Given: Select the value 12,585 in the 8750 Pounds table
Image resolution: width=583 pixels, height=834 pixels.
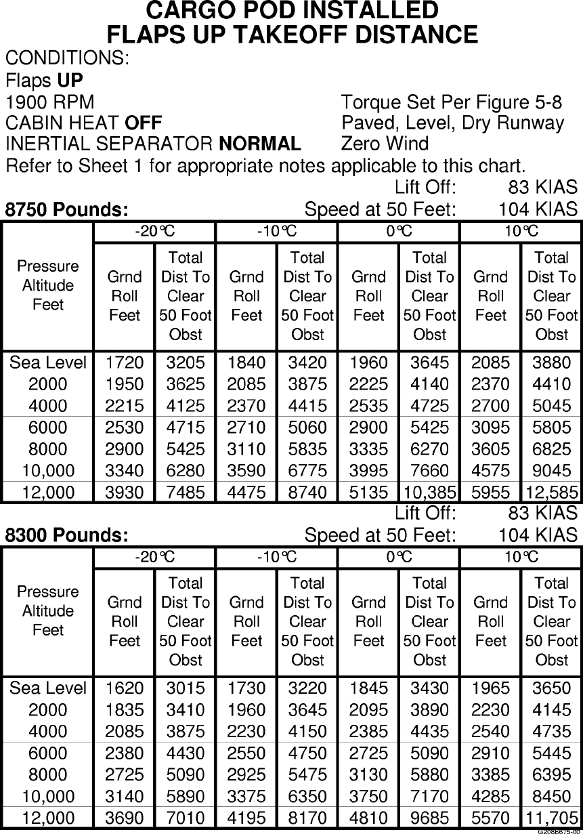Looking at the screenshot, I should (x=552, y=493).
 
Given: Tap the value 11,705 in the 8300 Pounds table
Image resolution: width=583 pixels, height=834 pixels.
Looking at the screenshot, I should (x=552, y=818).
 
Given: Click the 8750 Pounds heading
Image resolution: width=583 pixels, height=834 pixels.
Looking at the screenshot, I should (x=67, y=210).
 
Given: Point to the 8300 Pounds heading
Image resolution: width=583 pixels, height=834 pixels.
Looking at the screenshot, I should (x=67, y=535).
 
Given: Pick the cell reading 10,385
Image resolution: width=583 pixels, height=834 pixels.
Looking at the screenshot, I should (x=430, y=493).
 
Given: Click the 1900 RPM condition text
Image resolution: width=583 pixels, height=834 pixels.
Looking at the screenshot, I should (x=50, y=103).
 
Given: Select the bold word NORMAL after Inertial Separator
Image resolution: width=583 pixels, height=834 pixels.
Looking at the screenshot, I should (x=260, y=144).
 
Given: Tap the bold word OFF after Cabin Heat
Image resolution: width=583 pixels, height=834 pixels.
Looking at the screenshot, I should (x=144, y=123).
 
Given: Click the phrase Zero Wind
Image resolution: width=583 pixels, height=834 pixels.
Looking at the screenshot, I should (x=385, y=144).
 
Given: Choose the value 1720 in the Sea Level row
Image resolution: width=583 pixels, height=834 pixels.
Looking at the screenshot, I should (x=125, y=363).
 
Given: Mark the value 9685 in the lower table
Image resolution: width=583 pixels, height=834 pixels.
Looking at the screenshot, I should (x=430, y=818).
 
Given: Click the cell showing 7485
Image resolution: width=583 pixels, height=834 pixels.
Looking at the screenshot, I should (x=186, y=493).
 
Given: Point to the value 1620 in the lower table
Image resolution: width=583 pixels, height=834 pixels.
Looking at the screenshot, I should (x=125, y=688).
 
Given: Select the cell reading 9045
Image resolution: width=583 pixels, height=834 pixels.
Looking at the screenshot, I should (x=552, y=470).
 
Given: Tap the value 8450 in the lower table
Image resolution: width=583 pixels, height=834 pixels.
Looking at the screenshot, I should (x=552, y=796).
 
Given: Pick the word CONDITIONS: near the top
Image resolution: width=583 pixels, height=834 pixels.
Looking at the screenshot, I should (x=67, y=58).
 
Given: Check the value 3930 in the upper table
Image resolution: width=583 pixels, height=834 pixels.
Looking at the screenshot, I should (x=125, y=493).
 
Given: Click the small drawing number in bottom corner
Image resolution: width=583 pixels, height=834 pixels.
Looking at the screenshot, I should (x=559, y=831).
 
